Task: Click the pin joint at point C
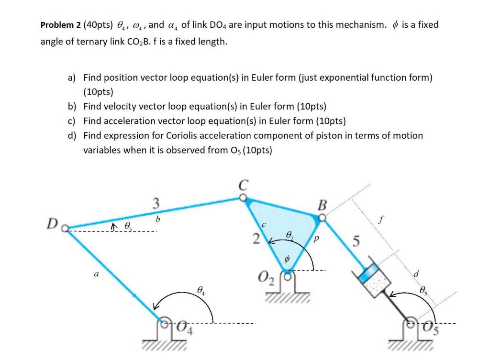click(243, 197)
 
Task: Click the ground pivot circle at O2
click(288, 276)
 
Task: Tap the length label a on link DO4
click(97, 274)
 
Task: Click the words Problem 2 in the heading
click(60, 25)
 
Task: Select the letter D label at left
click(52, 224)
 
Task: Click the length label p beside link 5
click(316, 238)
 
